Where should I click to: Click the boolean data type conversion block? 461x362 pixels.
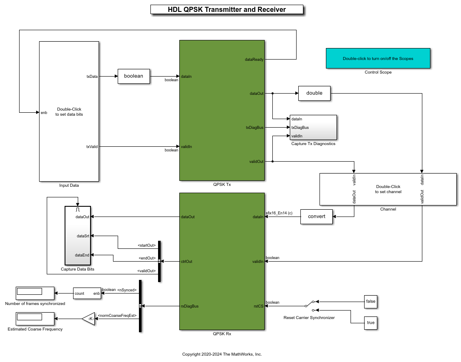[134, 76]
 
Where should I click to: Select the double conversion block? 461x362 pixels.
[314, 93]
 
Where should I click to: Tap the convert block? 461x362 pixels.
[317, 217]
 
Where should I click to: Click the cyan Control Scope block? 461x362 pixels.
[378, 58]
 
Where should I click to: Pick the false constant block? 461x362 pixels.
[370, 301]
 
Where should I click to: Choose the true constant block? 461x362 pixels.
[370, 322]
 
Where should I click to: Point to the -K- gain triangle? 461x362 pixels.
[89, 319]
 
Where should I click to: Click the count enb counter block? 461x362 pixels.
[87, 293]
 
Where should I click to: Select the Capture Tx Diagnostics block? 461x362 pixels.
[313, 127]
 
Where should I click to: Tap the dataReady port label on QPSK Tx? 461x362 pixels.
[254, 60]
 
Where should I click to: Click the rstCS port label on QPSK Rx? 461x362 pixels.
[258, 306]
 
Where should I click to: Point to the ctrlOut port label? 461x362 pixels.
[187, 262]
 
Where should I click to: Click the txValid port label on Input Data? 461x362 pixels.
[92, 147]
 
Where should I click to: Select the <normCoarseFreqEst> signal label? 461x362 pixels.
[117, 315]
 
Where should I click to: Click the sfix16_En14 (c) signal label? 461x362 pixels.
[279, 213]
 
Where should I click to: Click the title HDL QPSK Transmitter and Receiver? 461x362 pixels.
[227, 9]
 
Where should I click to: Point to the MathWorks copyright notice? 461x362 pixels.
[222, 354]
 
